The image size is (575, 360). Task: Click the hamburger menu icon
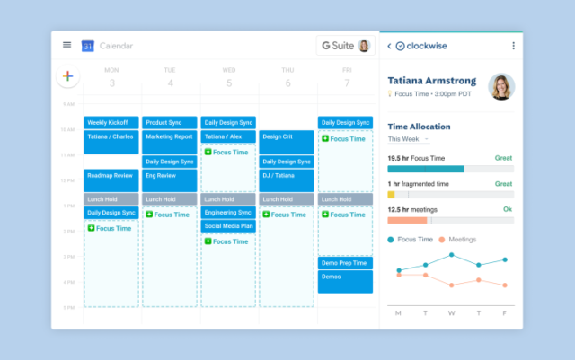(x=66, y=45)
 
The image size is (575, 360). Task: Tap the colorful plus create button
(x=67, y=77)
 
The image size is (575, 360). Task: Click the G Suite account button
(x=345, y=46)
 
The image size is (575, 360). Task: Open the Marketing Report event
(x=169, y=137)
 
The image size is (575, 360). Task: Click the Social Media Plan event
(x=228, y=226)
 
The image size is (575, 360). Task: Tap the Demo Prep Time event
(x=345, y=263)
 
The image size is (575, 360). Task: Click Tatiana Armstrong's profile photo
(x=500, y=87)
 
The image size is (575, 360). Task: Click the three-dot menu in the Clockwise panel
(x=514, y=46)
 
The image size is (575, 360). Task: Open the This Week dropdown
(x=409, y=139)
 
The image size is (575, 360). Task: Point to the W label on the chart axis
(x=451, y=313)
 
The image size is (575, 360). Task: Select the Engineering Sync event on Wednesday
(x=228, y=213)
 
